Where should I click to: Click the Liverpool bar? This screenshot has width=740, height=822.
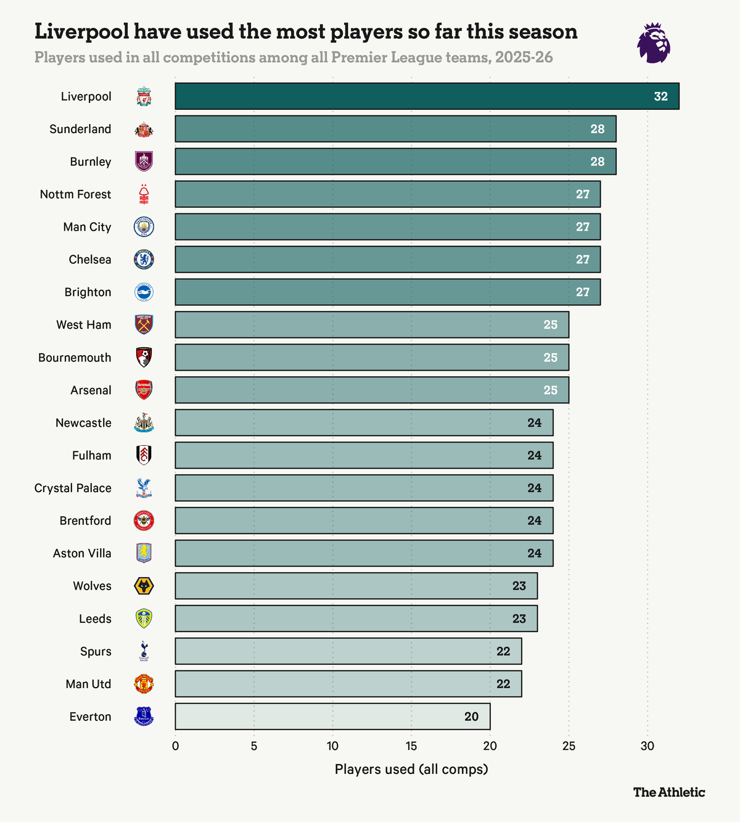click(427, 96)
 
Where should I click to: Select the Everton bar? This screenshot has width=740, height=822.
click(332, 717)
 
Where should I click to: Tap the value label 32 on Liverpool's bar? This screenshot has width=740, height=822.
click(660, 97)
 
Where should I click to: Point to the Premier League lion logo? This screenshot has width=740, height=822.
click(654, 43)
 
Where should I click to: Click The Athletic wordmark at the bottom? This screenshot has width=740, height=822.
click(668, 792)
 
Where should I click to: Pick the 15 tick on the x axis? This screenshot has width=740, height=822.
click(411, 746)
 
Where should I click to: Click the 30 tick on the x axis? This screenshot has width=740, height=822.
click(647, 746)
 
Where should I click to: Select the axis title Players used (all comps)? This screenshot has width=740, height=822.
click(411, 769)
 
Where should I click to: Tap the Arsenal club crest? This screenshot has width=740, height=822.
click(144, 390)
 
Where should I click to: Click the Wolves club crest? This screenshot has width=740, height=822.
click(144, 586)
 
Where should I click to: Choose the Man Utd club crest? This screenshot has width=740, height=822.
click(144, 684)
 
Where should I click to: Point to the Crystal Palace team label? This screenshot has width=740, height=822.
click(73, 488)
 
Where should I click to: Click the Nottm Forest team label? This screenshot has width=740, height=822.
click(75, 194)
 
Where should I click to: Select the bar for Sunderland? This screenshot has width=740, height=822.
click(395, 129)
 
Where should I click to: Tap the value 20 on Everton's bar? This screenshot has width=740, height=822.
click(471, 717)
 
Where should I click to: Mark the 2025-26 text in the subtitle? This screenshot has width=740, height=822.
click(524, 58)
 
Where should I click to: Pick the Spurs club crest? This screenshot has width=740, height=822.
click(144, 651)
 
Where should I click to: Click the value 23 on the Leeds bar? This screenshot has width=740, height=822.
click(519, 619)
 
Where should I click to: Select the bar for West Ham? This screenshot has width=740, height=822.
click(372, 325)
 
